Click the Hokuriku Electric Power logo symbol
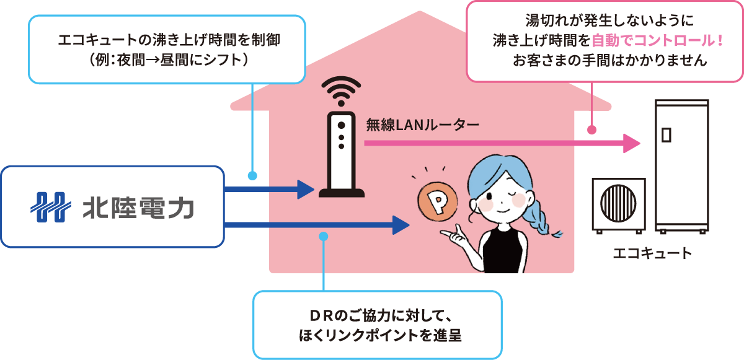49,207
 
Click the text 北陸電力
138,208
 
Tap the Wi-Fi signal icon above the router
340,90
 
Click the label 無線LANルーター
422,126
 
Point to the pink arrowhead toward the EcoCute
631,144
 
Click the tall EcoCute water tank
681,164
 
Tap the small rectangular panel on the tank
667,134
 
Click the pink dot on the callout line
591,130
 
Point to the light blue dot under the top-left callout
252,175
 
